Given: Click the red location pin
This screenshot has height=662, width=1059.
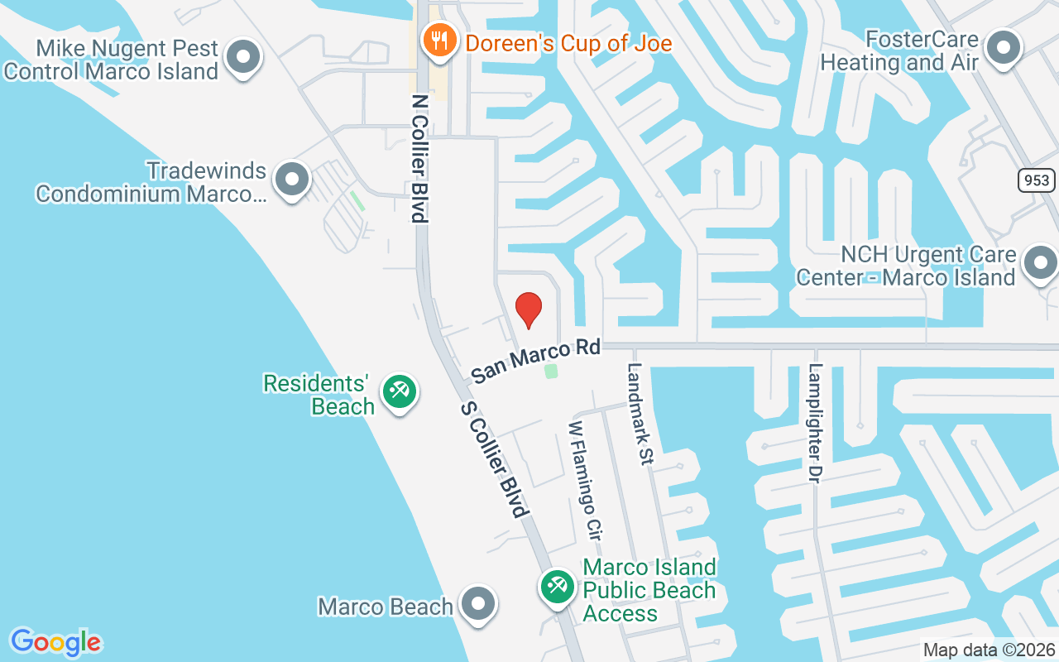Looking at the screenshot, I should click(528, 309).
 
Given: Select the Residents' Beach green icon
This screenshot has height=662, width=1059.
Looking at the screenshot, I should click(400, 391).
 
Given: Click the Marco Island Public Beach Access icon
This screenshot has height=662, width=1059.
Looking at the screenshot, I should click(558, 587).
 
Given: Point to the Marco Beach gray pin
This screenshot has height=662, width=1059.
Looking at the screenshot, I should click(477, 605).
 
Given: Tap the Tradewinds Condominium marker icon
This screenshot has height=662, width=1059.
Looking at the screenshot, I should click(291, 180).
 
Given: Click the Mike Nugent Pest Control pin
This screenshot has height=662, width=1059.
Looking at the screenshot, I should click(243, 58).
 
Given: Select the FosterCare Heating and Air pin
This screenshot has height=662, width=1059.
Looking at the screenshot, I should click(1004, 47).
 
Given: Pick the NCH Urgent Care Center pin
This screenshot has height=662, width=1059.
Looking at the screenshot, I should click(1040, 264).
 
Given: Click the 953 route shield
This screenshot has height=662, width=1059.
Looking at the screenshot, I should click(1037, 180).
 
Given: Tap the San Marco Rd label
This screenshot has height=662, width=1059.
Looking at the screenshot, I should click(535, 361).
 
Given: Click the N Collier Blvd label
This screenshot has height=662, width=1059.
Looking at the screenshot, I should click(420, 157).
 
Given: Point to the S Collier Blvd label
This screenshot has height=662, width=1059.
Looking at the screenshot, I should click(494, 459).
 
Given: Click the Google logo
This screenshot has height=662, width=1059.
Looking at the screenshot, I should click(55, 642).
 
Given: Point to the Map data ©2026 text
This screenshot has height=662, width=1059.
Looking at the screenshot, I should click(989, 650).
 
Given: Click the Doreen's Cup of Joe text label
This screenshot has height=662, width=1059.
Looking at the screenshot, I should click(568, 42).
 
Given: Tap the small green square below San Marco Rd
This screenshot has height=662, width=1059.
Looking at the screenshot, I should click(551, 372).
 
